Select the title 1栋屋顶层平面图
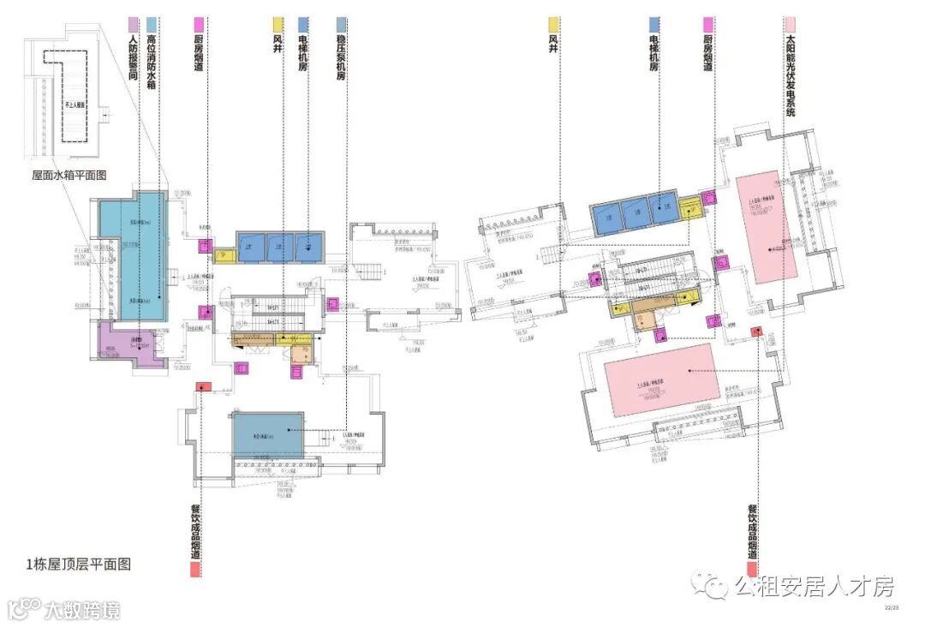tap(79, 564)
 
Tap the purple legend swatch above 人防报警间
tap(133, 23)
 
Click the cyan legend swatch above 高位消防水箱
tap(151, 23)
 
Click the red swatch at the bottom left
tap(196, 569)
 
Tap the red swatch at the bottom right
tap(752, 569)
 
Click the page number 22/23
tap(892, 608)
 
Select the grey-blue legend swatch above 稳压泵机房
tap(342, 23)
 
